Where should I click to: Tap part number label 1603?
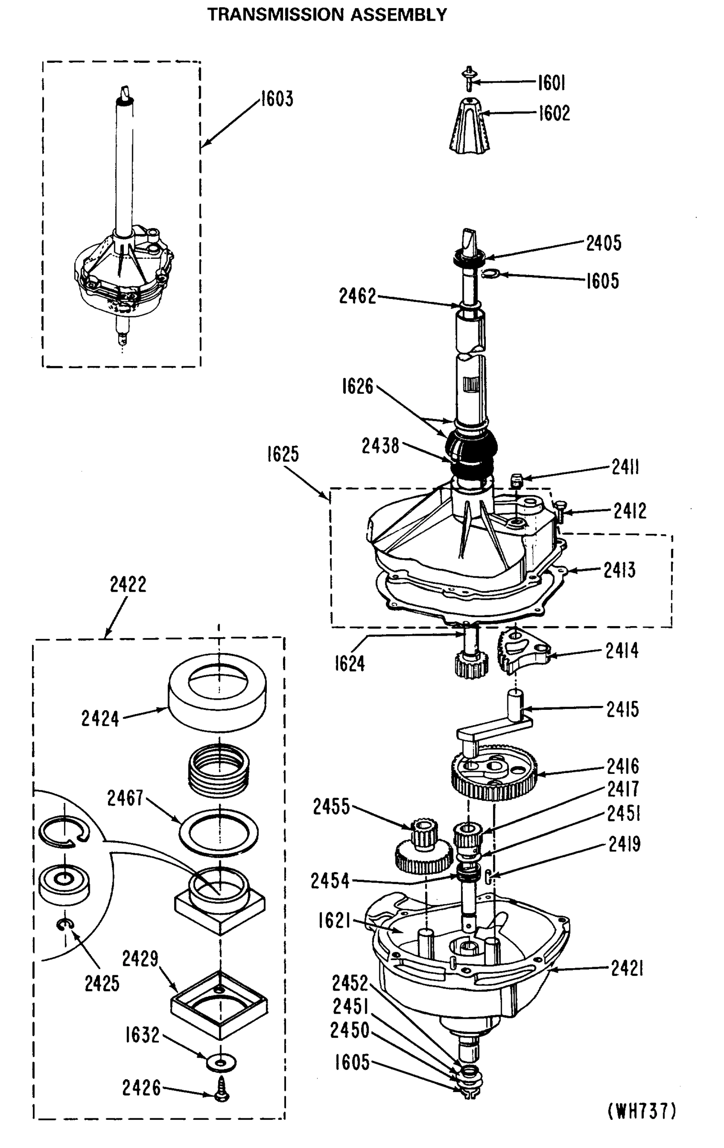[x=277, y=99]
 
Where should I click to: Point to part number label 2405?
[x=603, y=243]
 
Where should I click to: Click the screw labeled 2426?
[x=221, y=1090]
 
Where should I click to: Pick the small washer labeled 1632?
[x=221, y=1063]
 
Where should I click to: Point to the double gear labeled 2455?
[x=424, y=847]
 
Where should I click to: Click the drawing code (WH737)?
[x=642, y=1111]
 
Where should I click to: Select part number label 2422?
[x=128, y=585]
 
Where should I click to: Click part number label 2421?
[x=627, y=969]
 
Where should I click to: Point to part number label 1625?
[x=283, y=454]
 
